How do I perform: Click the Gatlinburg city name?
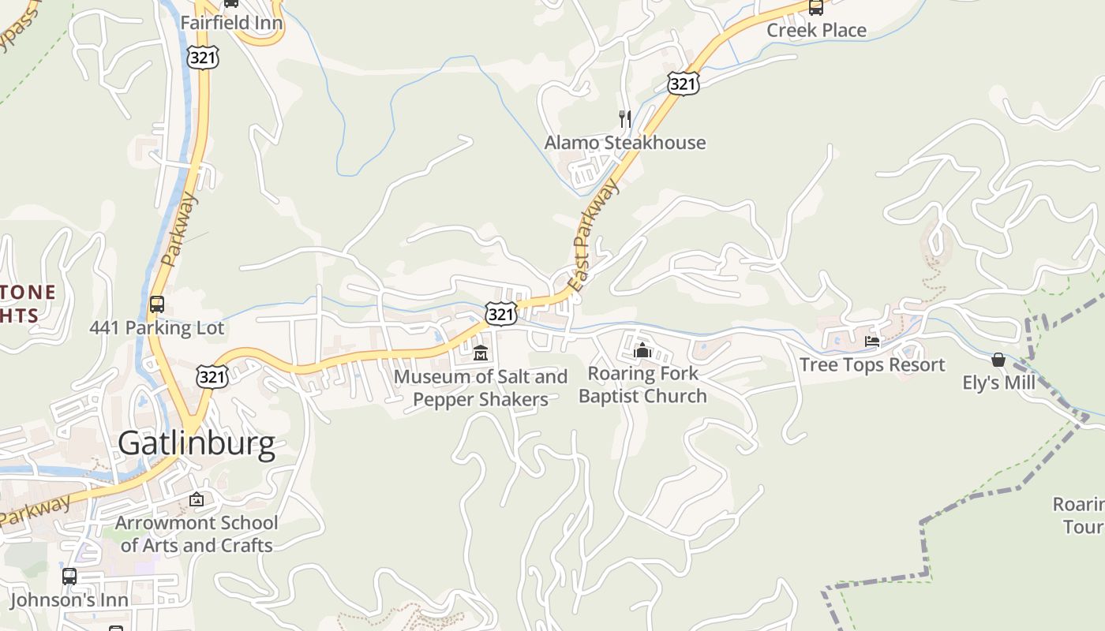tap(197, 444)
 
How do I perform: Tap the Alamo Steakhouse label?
tap(625, 143)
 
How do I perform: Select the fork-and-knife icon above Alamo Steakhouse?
tap(625, 119)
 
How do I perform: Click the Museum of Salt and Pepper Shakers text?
tap(481, 388)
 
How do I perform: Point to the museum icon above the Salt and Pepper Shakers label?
tap(481, 353)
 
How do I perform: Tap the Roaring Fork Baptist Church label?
tap(642, 384)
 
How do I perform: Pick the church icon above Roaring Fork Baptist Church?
tap(642, 349)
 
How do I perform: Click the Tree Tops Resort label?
tap(871, 364)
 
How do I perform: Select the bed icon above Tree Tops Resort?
tap(872, 342)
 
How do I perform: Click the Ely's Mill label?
tap(998, 383)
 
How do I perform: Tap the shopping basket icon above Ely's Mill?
tap(998, 360)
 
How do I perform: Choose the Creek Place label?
tap(817, 31)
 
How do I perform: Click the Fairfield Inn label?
tap(231, 23)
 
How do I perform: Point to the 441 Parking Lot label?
tap(157, 328)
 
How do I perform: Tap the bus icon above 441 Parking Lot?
tap(157, 304)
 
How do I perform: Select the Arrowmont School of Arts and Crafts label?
tap(197, 534)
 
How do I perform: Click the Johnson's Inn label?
tap(69, 600)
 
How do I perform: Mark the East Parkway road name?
tap(593, 236)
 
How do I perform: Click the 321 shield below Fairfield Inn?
tap(204, 57)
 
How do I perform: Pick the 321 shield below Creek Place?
tap(683, 84)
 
